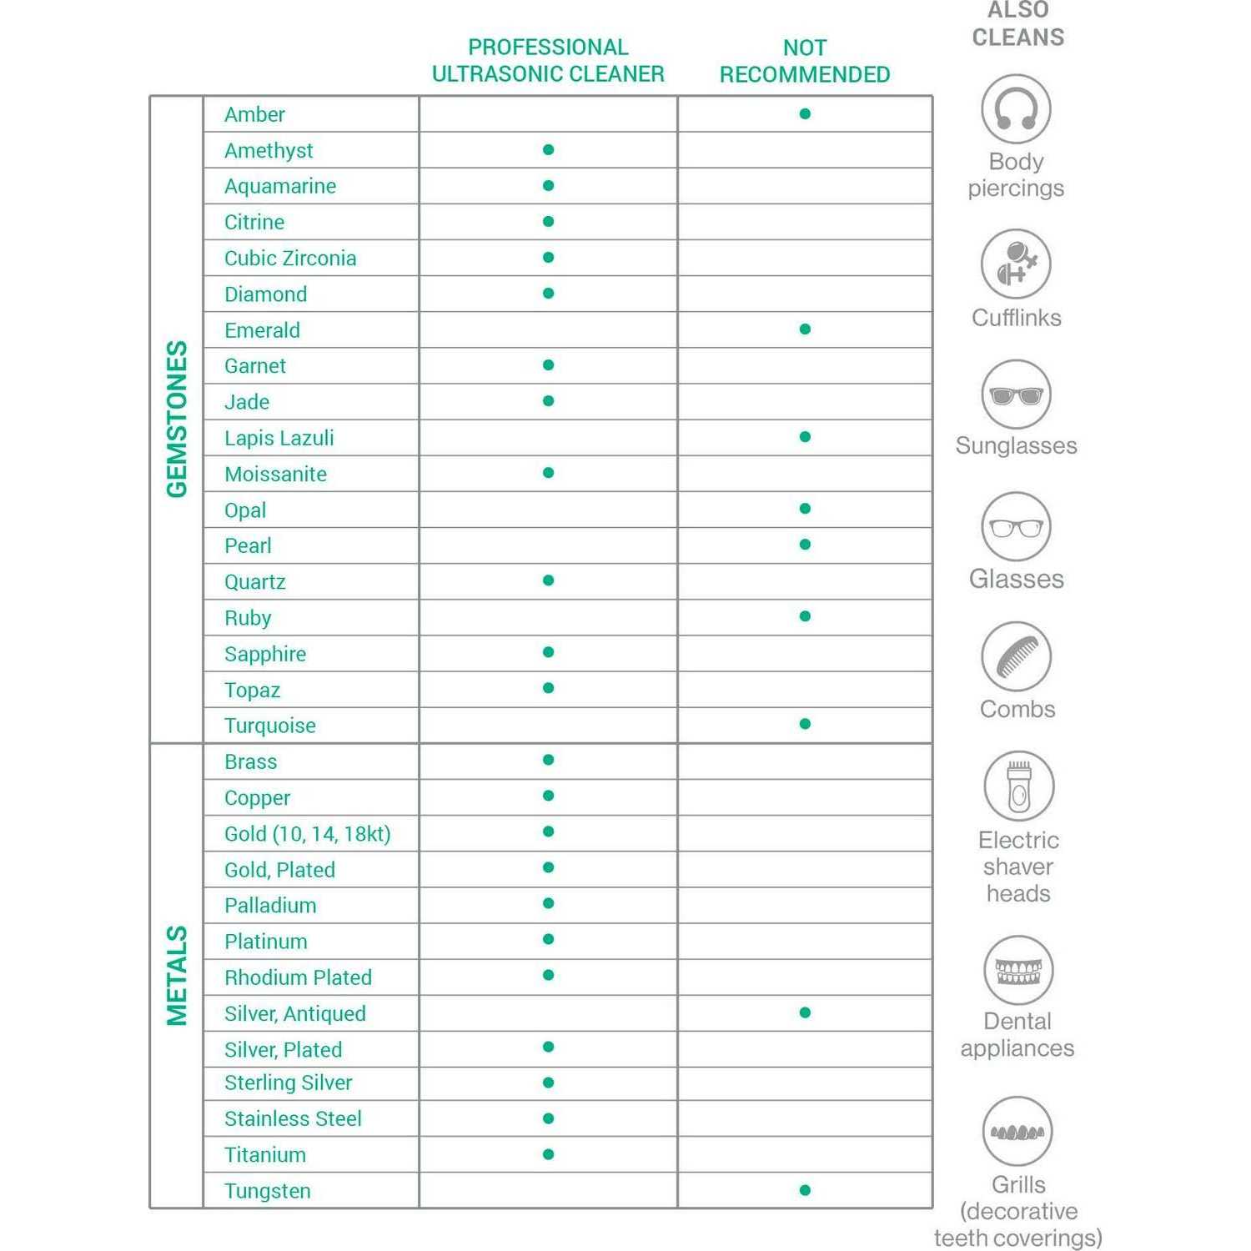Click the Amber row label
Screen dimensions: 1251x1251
tap(254, 114)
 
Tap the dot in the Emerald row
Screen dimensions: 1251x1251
tap(805, 329)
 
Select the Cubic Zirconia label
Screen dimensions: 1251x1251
tap(290, 259)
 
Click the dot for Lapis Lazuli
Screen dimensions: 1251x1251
tap(805, 437)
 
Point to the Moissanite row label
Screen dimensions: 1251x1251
tap(275, 474)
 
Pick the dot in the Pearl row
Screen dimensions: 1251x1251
tap(805, 545)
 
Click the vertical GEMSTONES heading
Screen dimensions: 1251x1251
tap(177, 419)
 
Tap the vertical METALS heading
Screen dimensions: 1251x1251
tap(177, 975)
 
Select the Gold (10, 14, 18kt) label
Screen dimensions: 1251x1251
tap(307, 834)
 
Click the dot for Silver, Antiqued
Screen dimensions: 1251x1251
tap(805, 1012)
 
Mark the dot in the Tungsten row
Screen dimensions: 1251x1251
tap(805, 1190)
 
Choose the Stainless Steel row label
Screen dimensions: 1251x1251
tap(293, 1118)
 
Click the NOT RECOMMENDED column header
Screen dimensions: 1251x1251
tap(805, 61)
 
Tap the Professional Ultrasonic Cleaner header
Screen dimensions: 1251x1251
tap(548, 60)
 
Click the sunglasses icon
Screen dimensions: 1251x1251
tap(1016, 394)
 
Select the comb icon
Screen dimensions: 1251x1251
tap(1016, 656)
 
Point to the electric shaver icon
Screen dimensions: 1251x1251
tap(1018, 786)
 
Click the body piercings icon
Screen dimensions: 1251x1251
tap(1016, 109)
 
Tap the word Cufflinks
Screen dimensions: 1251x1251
tap(1016, 318)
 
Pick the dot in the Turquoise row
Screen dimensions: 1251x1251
tap(805, 724)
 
